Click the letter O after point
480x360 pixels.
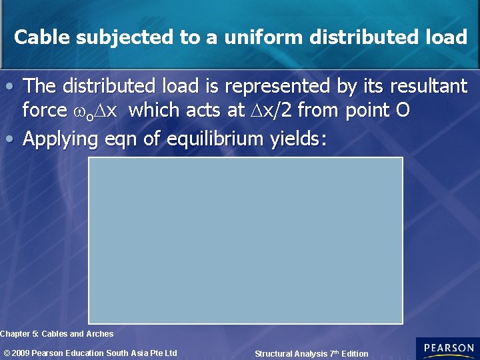coord(402,110)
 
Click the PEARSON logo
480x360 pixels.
coord(447,349)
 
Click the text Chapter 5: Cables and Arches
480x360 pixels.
coord(57,334)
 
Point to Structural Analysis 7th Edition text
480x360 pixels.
coord(311,353)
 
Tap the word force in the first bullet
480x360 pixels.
coord(45,110)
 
